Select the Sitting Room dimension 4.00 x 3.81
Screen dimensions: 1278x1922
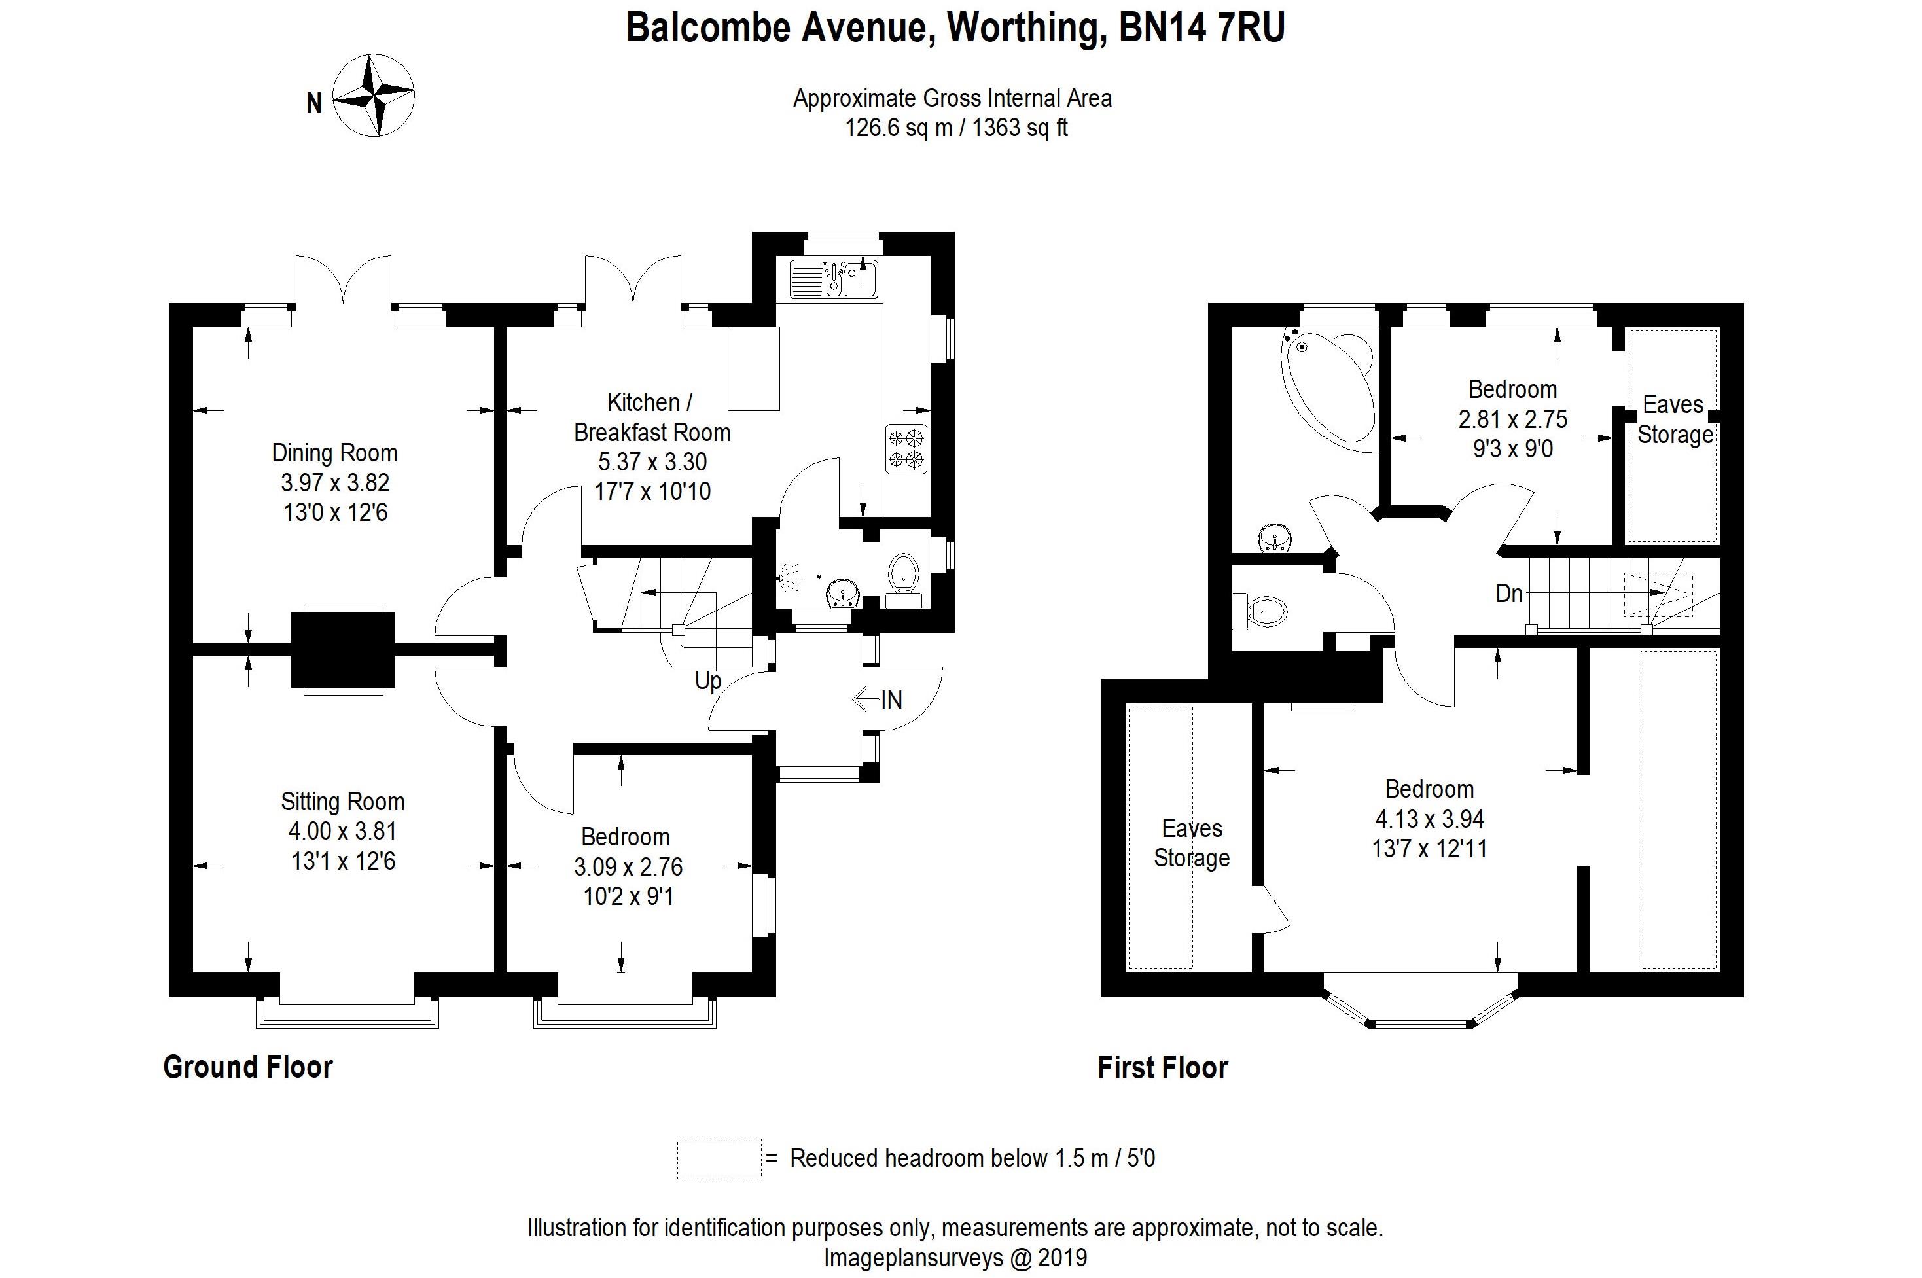[x=342, y=830]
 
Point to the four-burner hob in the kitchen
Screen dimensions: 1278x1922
[x=906, y=448]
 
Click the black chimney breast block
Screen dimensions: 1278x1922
[x=343, y=650]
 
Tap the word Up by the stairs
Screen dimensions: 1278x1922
[x=707, y=680]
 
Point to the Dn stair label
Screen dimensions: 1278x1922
[x=1509, y=594]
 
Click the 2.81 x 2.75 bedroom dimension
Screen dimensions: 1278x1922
[x=1512, y=419]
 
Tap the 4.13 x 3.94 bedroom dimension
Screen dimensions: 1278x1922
[x=1429, y=819]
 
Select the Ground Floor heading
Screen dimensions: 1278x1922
[x=248, y=1067]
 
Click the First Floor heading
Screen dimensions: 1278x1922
[x=1162, y=1068]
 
